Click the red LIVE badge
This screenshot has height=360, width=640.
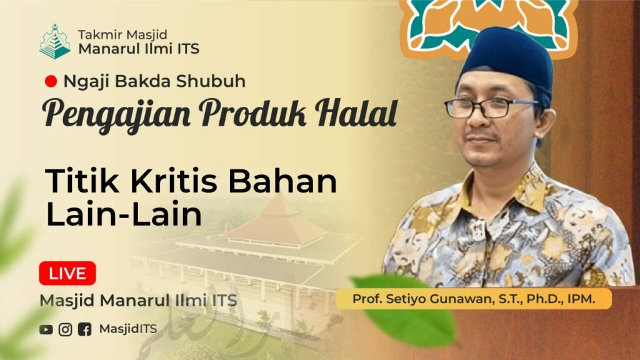click(x=67, y=273)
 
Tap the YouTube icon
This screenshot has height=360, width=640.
click(x=46, y=329)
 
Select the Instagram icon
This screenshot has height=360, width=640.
click(x=65, y=329)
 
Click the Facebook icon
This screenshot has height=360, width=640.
click(x=84, y=329)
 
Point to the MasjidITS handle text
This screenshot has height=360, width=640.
click(x=127, y=329)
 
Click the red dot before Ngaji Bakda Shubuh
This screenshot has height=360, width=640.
click(x=51, y=81)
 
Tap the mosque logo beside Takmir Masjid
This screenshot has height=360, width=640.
click(x=55, y=42)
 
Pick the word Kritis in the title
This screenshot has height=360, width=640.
click(x=174, y=181)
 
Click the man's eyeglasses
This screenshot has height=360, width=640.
click(x=490, y=107)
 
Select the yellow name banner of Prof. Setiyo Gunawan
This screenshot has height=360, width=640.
click(x=474, y=299)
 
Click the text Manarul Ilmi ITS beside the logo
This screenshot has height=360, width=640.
click(x=139, y=49)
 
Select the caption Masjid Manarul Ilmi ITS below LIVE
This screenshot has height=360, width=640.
click(x=138, y=301)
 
